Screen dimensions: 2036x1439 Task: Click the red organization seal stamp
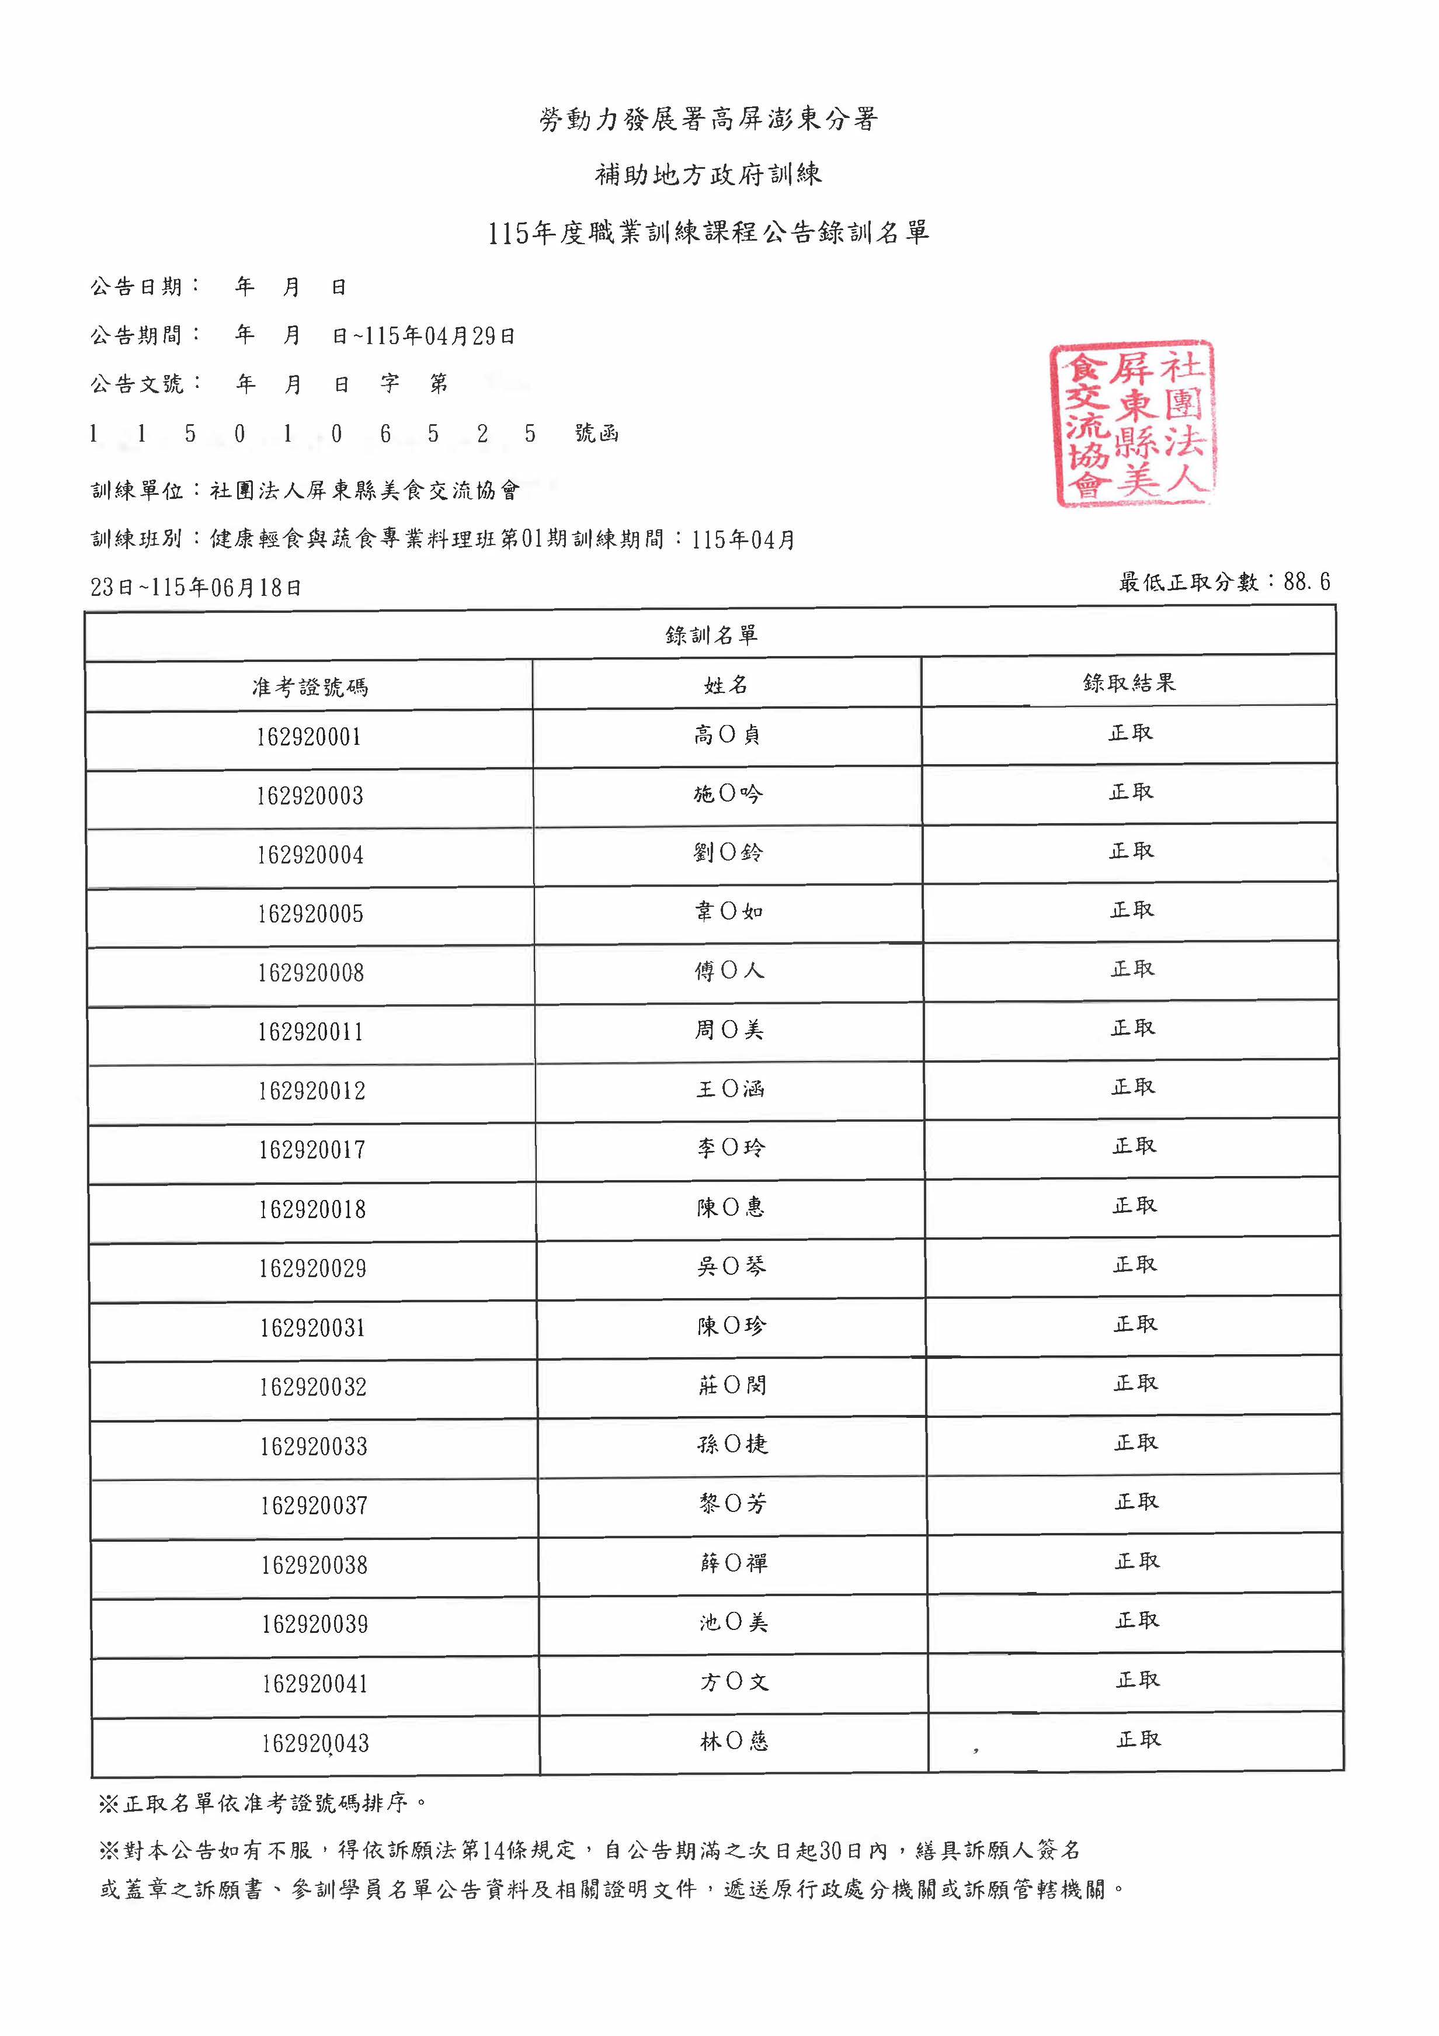tap(1133, 424)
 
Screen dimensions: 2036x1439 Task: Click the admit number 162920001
tap(308, 737)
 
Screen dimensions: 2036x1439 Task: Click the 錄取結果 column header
tap(1129, 682)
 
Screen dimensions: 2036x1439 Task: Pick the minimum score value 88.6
tap(1306, 582)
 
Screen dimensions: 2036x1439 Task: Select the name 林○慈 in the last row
tap(734, 1742)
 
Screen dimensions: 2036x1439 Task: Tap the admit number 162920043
tap(315, 1743)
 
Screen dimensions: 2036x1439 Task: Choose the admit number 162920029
tap(312, 1269)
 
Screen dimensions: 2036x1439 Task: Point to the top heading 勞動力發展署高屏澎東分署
tap(708, 119)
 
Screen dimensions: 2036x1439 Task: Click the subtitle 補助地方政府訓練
tap(708, 175)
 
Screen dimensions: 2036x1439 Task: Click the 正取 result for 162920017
tap(1134, 1146)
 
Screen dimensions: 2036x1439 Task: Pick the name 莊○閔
tap(731, 1385)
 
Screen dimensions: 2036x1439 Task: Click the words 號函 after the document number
tap(597, 433)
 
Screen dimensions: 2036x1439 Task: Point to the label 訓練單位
tap(137, 490)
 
